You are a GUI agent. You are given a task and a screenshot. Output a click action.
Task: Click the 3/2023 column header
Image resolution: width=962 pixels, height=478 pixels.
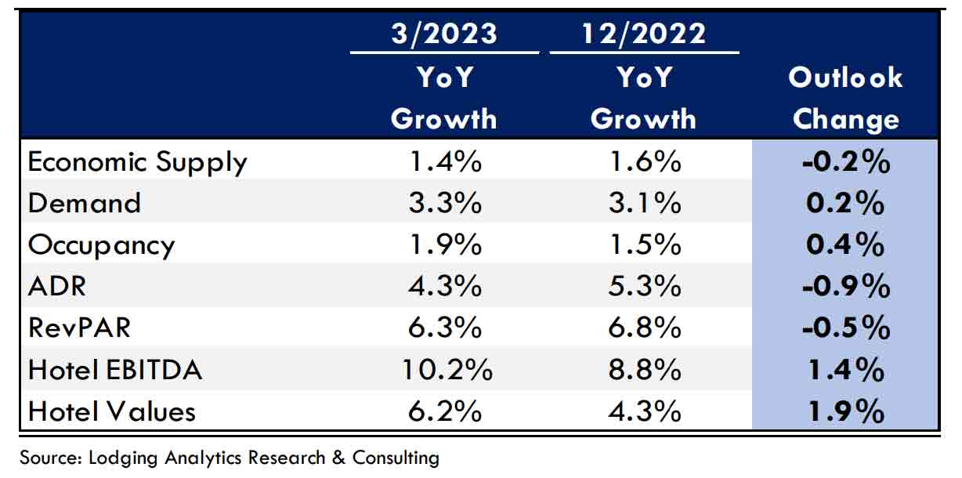[444, 34]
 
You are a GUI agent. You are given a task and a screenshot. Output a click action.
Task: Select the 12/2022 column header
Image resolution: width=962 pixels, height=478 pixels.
[644, 34]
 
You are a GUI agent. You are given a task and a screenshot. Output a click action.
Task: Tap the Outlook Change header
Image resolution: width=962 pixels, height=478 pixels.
[845, 98]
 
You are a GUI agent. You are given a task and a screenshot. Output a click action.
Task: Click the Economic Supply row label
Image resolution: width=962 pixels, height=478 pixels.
[138, 162]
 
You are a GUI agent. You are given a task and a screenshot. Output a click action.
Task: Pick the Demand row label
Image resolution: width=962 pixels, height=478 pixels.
[85, 203]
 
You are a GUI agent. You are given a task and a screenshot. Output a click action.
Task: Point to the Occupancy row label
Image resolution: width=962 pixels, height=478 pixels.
[102, 244]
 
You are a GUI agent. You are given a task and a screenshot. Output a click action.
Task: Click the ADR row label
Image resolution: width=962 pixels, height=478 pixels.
[57, 286]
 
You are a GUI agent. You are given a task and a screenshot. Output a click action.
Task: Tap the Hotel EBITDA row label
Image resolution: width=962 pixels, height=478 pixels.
[115, 369]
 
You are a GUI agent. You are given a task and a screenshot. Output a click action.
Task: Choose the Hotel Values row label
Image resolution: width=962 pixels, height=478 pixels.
[111, 411]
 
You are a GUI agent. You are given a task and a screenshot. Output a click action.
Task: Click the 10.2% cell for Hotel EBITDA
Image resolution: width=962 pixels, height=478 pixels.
[444, 369]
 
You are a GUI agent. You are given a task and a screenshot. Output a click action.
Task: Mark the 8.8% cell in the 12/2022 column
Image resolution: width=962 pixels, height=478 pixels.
[644, 369]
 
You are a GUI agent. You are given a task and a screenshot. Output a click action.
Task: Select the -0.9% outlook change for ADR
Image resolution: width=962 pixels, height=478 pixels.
[845, 286]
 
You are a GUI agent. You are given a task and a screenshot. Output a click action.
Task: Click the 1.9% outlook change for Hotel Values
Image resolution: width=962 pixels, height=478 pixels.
[845, 411]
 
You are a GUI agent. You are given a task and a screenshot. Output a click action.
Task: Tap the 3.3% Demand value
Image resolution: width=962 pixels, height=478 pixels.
[444, 203]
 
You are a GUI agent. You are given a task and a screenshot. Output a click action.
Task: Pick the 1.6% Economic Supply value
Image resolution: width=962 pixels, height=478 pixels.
[644, 162]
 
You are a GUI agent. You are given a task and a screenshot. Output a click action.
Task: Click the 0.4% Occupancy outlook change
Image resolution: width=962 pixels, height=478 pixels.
[845, 244]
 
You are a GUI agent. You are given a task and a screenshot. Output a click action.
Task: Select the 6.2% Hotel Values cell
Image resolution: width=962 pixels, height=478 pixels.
[444, 411]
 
